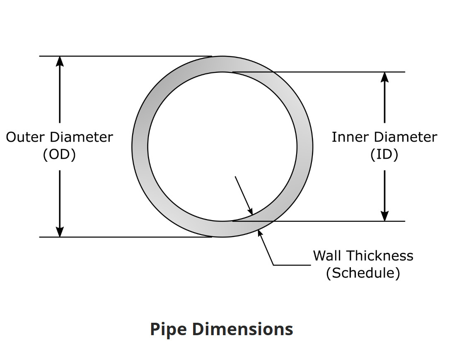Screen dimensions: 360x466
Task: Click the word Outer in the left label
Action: click(26, 137)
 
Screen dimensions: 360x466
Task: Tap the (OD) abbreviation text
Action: click(59, 154)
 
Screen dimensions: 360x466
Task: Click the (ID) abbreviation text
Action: click(384, 154)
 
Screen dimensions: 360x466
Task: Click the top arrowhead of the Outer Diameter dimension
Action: click(60, 61)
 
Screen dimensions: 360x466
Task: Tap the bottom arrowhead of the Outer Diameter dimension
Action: click(60, 232)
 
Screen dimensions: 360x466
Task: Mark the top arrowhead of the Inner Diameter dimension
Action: click(385, 77)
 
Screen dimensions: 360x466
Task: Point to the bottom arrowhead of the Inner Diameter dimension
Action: click(385, 216)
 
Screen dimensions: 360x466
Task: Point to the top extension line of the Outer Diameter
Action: click(124, 56)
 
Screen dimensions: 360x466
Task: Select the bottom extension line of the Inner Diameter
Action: click(319, 221)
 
